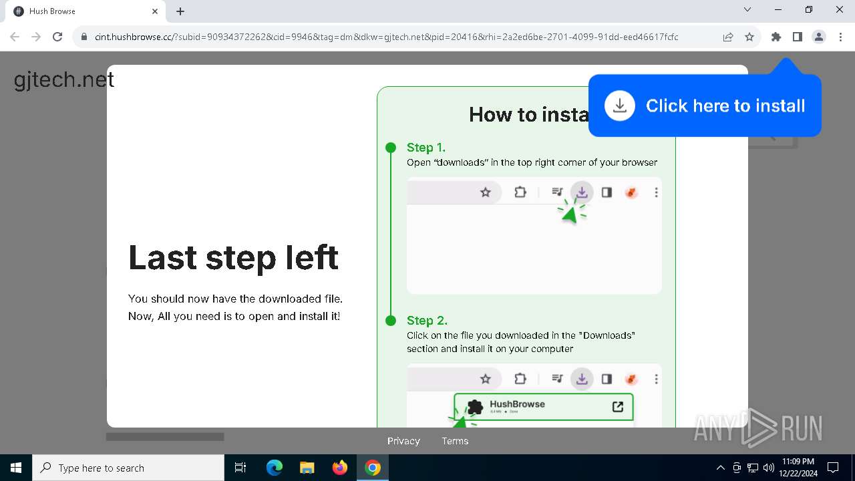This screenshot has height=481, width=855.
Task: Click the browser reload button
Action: point(57,37)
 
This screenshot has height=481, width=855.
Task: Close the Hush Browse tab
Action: point(155,11)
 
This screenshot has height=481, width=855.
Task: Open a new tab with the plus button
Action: point(180,11)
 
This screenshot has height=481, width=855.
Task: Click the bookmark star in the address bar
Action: point(749,37)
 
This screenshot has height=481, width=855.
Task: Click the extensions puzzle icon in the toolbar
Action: point(776,37)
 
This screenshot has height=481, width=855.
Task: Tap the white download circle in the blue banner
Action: point(620,106)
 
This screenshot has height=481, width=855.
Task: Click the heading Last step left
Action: point(233,257)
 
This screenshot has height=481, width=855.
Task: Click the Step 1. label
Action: point(426,148)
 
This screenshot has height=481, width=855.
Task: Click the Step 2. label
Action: point(427,321)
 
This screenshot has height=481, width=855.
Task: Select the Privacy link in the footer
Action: point(403,441)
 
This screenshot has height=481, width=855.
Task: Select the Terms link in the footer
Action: point(455,441)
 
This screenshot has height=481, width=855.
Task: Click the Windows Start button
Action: point(16,468)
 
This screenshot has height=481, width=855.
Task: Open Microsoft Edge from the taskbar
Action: point(275,468)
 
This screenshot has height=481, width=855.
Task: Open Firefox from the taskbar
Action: point(340,468)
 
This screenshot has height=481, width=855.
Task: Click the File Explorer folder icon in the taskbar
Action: point(307,468)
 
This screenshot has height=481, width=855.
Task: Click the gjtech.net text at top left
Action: point(64,80)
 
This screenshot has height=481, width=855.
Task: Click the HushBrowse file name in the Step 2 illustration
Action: point(517,404)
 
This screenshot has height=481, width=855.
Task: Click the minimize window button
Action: point(778,10)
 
